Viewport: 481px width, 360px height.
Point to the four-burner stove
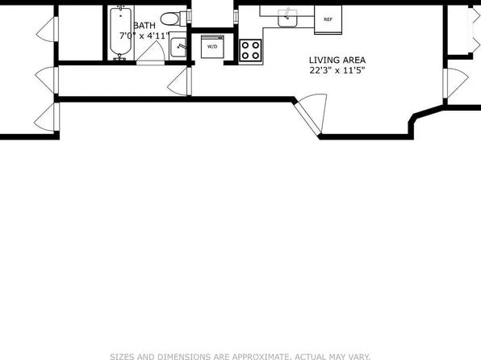[x=250, y=49]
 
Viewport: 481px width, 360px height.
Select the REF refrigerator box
[x=328, y=19]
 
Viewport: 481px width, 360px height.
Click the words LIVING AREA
[x=337, y=60]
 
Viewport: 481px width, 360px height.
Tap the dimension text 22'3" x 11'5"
[x=337, y=71]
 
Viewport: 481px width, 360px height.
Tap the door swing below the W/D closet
[x=179, y=81]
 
